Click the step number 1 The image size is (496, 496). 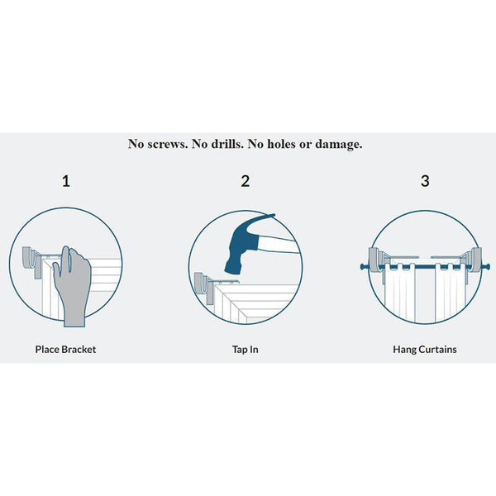coord(66,181)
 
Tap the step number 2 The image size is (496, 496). coord(246,181)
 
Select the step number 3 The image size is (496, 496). coord(425,181)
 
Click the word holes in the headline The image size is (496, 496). coord(282,144)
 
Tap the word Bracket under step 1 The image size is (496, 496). coord(79,349)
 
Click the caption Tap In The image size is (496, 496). coord(246,350)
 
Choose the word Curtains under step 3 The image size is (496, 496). coord(436,349)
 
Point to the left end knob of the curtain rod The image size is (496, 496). coord(364,267)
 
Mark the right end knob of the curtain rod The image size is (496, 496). coord(487,267)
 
